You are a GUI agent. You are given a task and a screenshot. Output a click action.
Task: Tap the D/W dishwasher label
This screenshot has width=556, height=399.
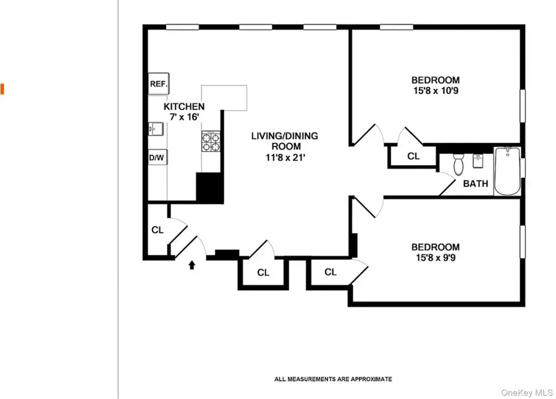pos(157,158)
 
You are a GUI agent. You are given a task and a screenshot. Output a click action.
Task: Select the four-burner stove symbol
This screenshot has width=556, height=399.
pos(209,143)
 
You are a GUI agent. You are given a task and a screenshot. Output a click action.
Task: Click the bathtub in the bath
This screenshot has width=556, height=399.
pos(507,171)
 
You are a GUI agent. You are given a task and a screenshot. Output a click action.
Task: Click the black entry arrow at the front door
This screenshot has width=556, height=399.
pos(192,265)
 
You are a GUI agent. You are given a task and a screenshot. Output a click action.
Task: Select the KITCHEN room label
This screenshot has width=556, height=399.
pos(183,107)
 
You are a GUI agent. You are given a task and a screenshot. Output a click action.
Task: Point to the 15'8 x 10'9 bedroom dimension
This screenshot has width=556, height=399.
pos(436,90)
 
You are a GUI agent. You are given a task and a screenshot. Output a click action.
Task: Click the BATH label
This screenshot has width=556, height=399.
pos(475,184)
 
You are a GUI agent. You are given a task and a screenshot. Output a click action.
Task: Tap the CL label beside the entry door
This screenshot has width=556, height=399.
pos(158,230)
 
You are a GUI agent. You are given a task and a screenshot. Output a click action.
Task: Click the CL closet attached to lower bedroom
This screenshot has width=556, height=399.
pos(331,272)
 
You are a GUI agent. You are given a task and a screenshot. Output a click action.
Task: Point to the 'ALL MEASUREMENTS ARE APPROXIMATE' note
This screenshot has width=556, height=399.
pos(333,379)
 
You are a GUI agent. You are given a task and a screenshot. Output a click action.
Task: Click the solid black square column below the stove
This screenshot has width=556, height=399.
pos(209,187)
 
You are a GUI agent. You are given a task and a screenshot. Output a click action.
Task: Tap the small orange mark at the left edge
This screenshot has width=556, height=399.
pos(2,88)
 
